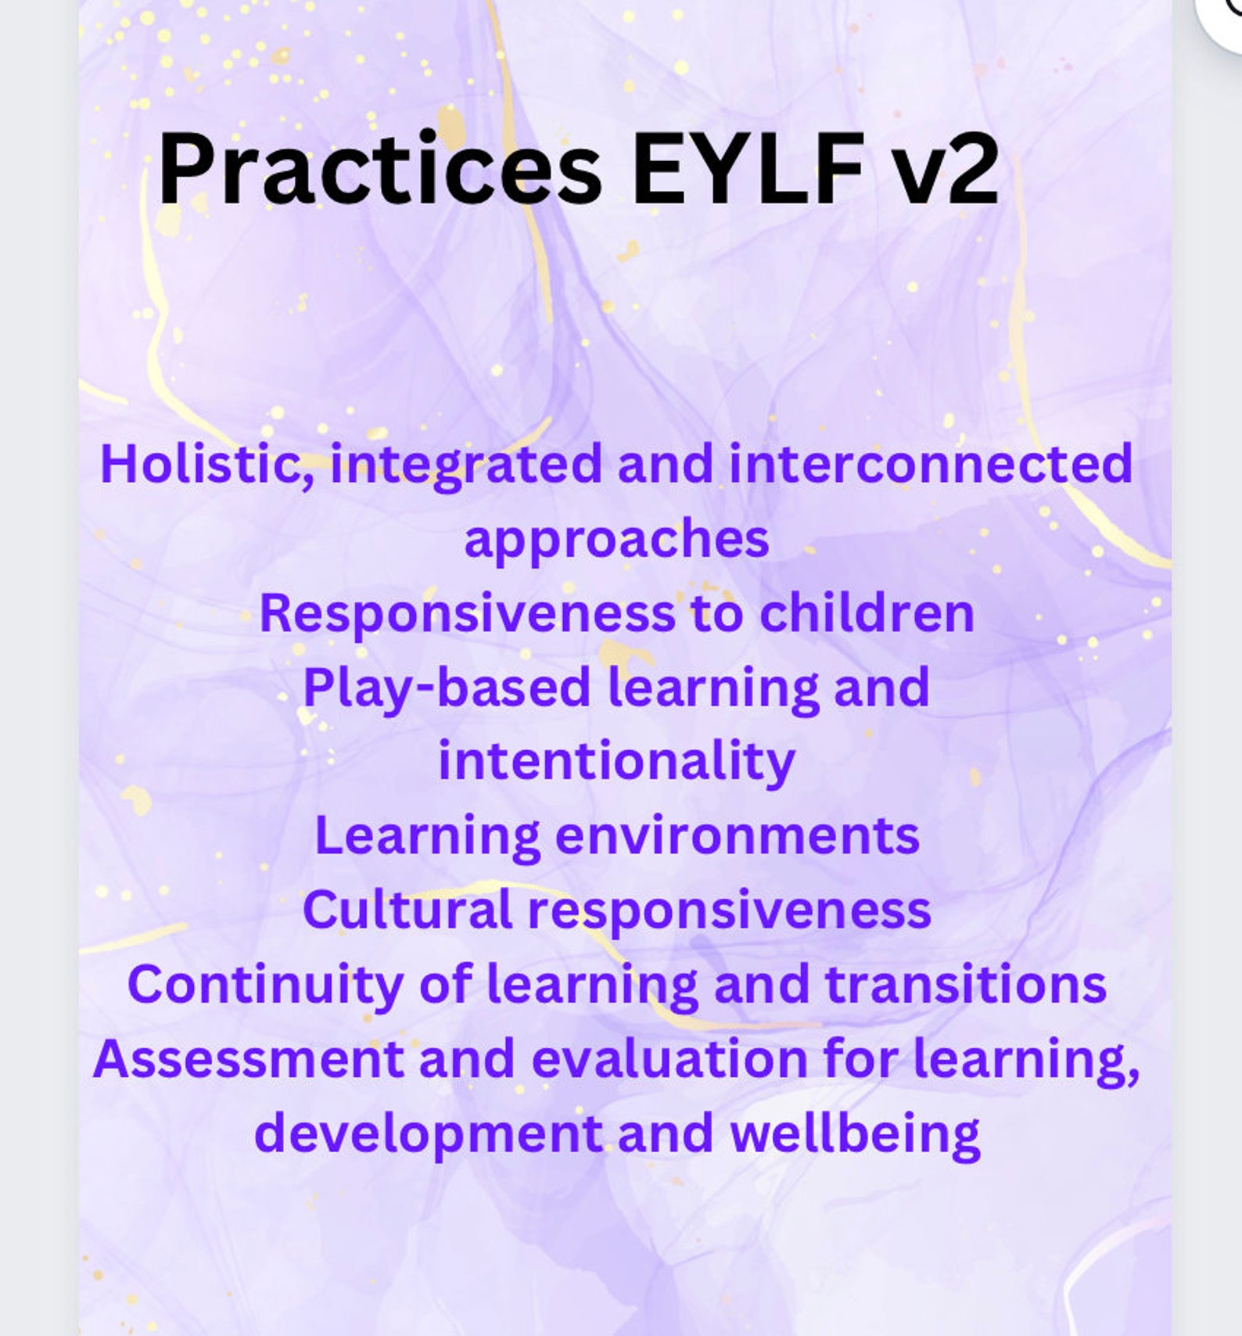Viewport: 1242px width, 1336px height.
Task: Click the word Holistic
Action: (207, 464)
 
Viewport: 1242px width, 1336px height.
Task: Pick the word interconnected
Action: (931, 464)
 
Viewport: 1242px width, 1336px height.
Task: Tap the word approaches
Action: (617, 540)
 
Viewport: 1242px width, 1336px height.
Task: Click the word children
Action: (867, 613)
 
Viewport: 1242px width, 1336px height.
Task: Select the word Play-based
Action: (447, 688)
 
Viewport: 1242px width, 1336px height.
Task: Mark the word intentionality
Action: (617, 761)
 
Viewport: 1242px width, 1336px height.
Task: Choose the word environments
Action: (738, 836)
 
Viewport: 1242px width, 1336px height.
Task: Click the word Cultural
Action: (407, 910)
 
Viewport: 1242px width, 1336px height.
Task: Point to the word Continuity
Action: (265, 985)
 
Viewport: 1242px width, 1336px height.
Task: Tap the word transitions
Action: (966, 985)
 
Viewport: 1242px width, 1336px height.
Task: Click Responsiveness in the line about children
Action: (467, 613)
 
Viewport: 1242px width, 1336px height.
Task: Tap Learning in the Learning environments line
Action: (427, 836)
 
